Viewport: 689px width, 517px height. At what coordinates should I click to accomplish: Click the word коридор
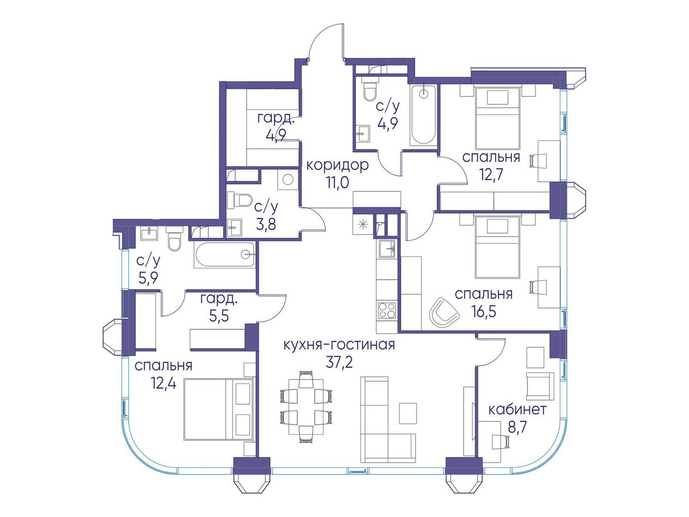point(337,165)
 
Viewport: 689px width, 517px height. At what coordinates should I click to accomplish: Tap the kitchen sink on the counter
point(387,249)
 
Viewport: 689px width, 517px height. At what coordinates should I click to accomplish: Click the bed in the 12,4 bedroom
point(219,409)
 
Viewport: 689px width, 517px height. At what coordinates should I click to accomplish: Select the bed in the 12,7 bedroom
point(498,118)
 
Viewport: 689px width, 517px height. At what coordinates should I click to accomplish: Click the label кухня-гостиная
point(339,345)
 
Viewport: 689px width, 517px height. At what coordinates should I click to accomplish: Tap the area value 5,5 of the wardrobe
point(219,316)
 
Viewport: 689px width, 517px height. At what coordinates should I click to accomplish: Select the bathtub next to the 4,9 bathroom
point(423,115)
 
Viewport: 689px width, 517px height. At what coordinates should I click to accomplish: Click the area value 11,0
point(338,183)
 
